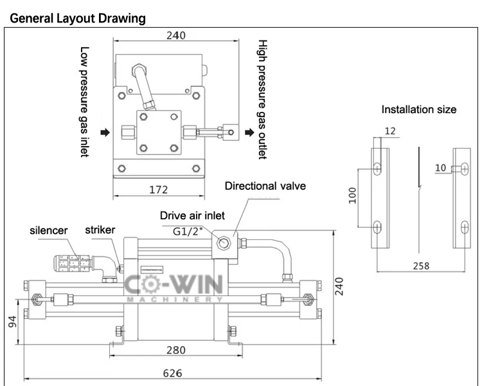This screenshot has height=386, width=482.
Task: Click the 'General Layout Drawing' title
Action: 77,18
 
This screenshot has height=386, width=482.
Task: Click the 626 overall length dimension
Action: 172,373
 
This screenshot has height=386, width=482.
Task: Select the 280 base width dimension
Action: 175,350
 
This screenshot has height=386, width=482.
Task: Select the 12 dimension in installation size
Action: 389,131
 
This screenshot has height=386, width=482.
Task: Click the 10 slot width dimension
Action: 440,168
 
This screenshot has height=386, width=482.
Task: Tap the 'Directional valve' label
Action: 265,187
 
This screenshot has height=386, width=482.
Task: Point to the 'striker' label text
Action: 100,230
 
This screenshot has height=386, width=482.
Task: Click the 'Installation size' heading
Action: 419,109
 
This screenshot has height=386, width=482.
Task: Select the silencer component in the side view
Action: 75,262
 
